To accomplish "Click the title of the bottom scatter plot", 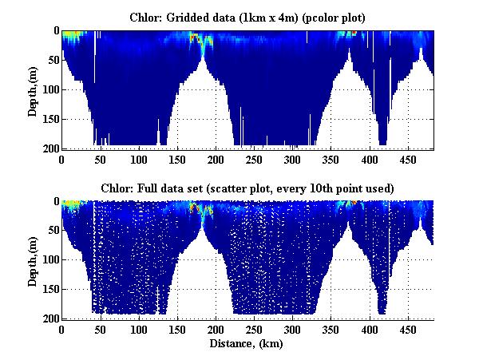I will pos(247,188).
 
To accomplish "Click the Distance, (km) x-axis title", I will pos(247,344).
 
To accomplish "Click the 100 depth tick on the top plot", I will pos(49,89).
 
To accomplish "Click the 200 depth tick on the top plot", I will pos(49,148).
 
